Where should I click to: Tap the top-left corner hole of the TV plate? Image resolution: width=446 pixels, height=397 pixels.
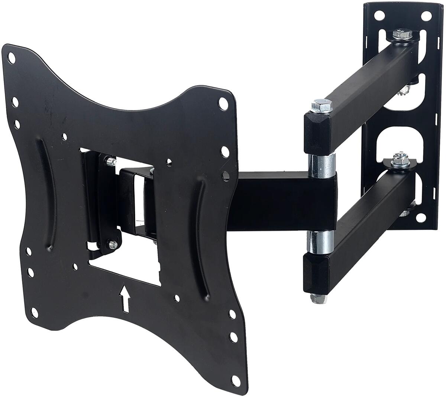[x=12, y=58]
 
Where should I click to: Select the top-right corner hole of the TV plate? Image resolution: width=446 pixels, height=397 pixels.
[x=223, y=103]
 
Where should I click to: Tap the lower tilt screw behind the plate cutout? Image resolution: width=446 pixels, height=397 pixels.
[x=112, y=244]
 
